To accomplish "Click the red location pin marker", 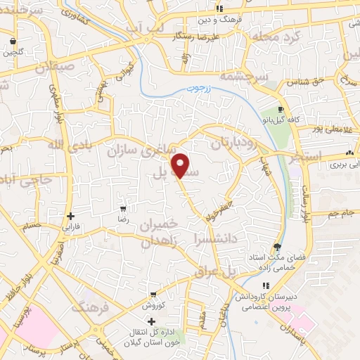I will [x=181, y=165].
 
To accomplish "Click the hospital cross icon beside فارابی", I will [x=70, y=216].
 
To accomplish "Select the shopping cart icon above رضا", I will [x=123, y=210].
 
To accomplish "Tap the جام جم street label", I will [x=340, y=212].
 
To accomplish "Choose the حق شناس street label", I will [x=302, y=83].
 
